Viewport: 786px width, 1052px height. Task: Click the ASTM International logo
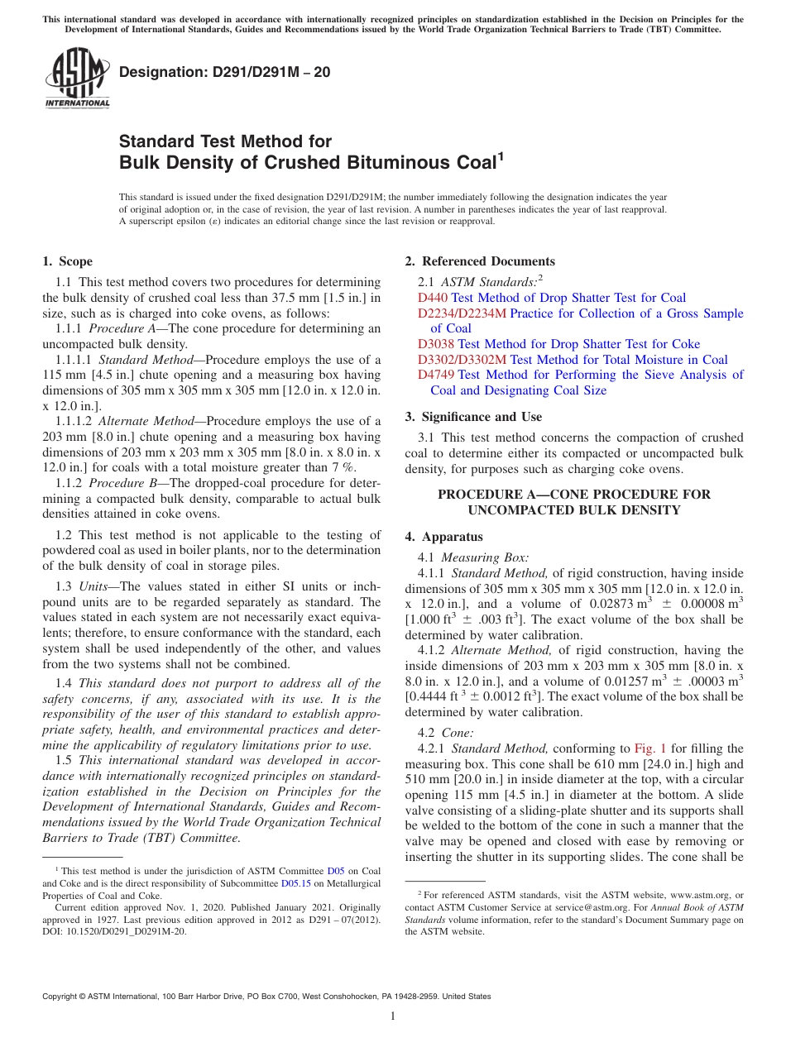[x=77, y=79]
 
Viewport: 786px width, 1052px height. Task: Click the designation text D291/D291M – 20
[x=225, y=72]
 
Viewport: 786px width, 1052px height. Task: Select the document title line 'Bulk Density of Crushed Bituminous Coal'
[x=307, y=162]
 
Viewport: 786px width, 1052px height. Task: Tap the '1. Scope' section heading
[x=67, y=261]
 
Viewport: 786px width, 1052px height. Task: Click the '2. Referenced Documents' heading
[x=480, y=261]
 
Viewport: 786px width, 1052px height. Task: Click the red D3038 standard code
[x=436, y=344]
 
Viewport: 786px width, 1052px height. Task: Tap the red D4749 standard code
[x=436, y=375]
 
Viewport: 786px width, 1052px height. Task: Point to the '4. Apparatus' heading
[x=443, y=537]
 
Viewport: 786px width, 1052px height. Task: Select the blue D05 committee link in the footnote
[x=336, y=871]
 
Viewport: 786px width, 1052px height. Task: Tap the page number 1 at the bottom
[x=393, y=1016]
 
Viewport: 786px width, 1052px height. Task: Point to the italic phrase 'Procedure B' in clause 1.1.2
[x=119, y=483]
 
